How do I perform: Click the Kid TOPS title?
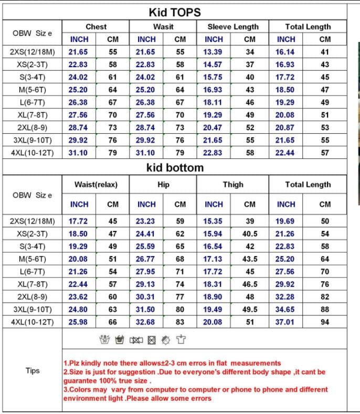click(x=175, y=12)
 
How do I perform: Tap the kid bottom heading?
click(x=175, y=168)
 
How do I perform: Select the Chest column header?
click(x=96, y=26)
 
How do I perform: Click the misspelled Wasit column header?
click(x=163, y=26)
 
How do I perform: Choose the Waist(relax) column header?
click(x=96, y=184)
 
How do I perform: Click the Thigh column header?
click(x=233, y=184)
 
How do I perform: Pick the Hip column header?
click(x=163, y=184)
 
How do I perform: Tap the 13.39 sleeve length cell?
click(x=213, y=52)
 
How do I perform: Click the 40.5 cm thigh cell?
click(x=250, y=233)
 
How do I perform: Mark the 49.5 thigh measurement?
click(x=250, y=309)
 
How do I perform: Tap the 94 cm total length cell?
click(x=325, y=322)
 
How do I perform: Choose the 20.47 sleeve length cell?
click(x=213, y=128)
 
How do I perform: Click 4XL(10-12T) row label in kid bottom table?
click(x=33, y=322)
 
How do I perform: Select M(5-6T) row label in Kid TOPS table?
click(x=33, y=90)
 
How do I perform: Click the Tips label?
click(x=33, y=370)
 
